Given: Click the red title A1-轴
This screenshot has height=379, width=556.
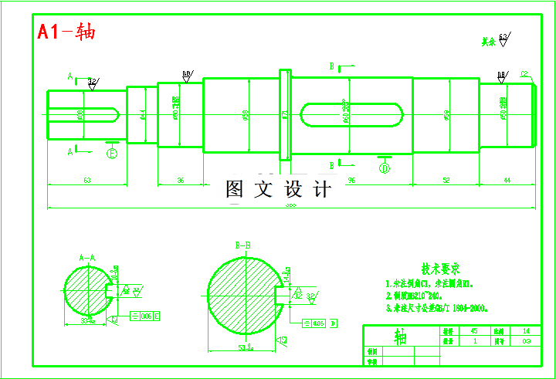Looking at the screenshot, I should click(x=67, y=32).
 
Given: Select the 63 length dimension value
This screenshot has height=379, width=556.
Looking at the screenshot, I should click(x=86, y=180).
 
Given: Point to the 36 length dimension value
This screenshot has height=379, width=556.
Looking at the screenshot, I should click(x=181, y=180).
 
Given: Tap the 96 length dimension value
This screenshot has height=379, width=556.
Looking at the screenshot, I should click(x=351, y=180).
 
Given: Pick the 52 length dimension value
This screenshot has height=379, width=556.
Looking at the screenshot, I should click(x=446, y=180).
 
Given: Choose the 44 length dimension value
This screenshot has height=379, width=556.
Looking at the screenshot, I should click(x=507, y=180).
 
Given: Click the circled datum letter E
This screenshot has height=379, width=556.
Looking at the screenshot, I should click(x=113, y=153).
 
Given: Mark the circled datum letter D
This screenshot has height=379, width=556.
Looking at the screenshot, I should click(x=385, y=167).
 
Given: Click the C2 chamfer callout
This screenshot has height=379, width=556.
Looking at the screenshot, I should click(x=524, y=74).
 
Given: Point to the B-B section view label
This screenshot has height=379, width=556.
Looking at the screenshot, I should click(x=242, y=245).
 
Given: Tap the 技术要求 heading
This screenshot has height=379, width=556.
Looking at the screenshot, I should click(x=441, y=269).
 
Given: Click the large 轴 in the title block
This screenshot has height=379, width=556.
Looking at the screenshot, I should click(x=402, y=337).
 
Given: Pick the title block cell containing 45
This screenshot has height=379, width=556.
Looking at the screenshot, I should click(x=473, y=330).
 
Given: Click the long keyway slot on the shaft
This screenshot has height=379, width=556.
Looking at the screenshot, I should click(x=352, y=115).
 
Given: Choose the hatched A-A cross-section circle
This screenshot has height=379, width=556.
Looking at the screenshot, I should click(x=86, y=291).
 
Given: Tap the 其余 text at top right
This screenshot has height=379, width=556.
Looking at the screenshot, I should click(x=487, y=42).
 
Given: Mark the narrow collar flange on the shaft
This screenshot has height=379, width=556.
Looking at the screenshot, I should click(x=285, y=115).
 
